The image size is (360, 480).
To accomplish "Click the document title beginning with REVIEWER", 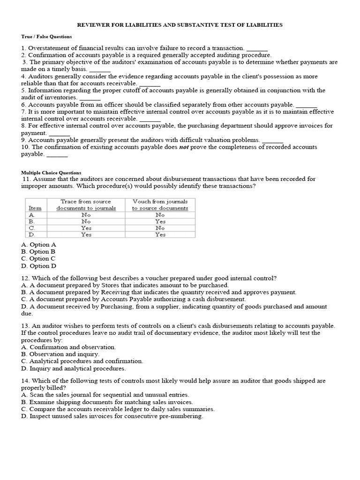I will click(x=180, y=25).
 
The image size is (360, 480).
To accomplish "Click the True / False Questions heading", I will click(x=46, y=37).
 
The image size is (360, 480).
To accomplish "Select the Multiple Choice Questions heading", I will click(x=51, y=172).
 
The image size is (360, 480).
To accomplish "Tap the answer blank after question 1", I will click(x=257, y=48).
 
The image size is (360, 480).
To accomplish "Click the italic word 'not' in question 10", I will click(x=185, y=147).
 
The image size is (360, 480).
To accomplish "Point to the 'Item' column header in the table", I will click(x=35, y=208).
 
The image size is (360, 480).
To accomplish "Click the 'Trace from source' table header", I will click(x=86, y=201).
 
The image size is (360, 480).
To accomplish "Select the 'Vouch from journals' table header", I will click(x=160, y=201).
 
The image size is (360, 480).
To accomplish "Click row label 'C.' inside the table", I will click(x=32, y=228).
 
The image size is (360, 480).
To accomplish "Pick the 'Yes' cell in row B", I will click(x=160, y=221).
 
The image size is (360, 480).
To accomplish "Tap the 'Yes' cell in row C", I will click(x=86, y=228).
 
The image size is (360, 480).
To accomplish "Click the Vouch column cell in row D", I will click(x=160, y=234).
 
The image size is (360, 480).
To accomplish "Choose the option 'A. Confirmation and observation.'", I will click(x=68, y=347).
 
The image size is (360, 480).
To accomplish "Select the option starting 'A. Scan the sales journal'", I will click(x=105, y=395).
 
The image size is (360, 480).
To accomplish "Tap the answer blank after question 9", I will click(x=272, y=140).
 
